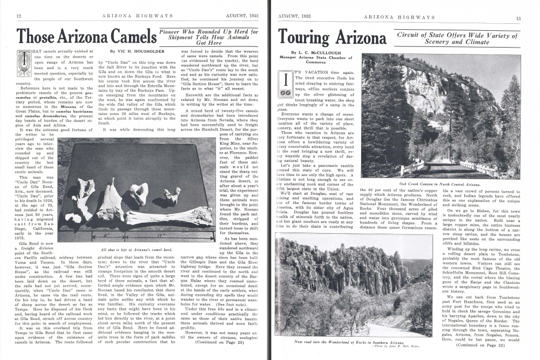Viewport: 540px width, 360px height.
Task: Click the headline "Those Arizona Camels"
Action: (82, 36)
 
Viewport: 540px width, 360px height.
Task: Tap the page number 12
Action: (18, 17)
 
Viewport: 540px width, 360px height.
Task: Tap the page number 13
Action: (518, 18)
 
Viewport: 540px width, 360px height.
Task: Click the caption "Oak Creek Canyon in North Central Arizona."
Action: (443, 184)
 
